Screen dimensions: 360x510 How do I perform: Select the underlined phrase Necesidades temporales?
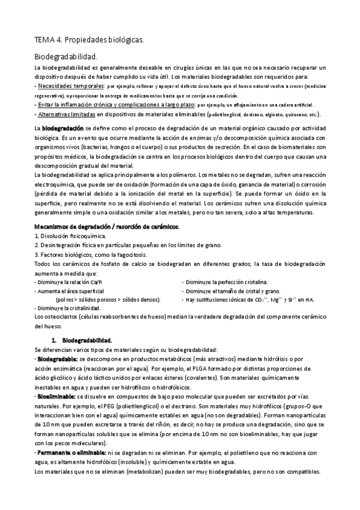(70, 86)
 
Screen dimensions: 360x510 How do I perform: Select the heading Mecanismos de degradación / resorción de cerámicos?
(107, 226)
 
